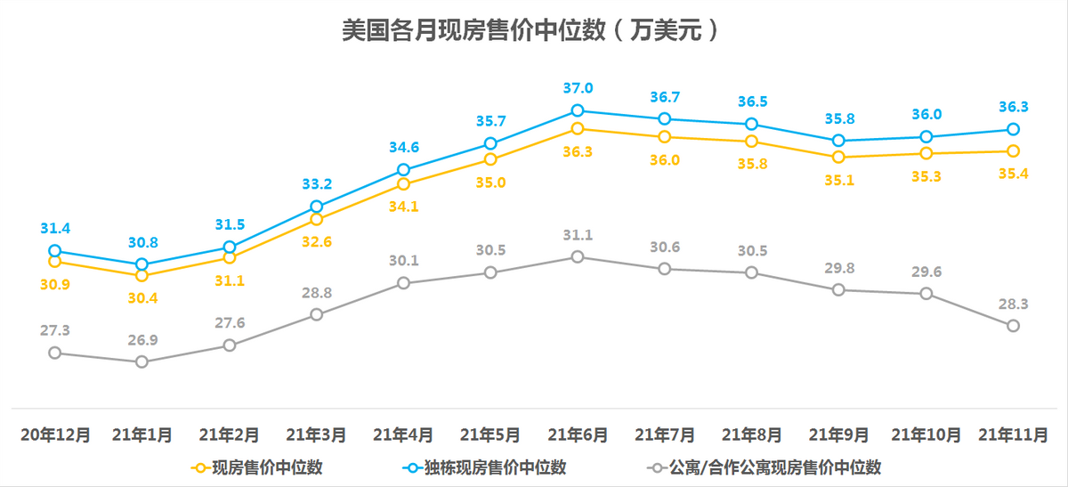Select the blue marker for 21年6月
pos(578,110)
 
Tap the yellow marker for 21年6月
pos(578,129)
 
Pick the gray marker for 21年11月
pos(1013,326)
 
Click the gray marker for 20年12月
pos(54,353)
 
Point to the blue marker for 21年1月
pos(142,264)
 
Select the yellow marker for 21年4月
pos(403,184)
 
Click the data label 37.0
pos(578,87)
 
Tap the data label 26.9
pos(142,339)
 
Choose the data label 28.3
pos(1013,304)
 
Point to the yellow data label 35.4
pos(1013,174)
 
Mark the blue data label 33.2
pos(316,184)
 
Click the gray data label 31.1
pos(578,235)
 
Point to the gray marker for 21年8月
pos(752,272)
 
